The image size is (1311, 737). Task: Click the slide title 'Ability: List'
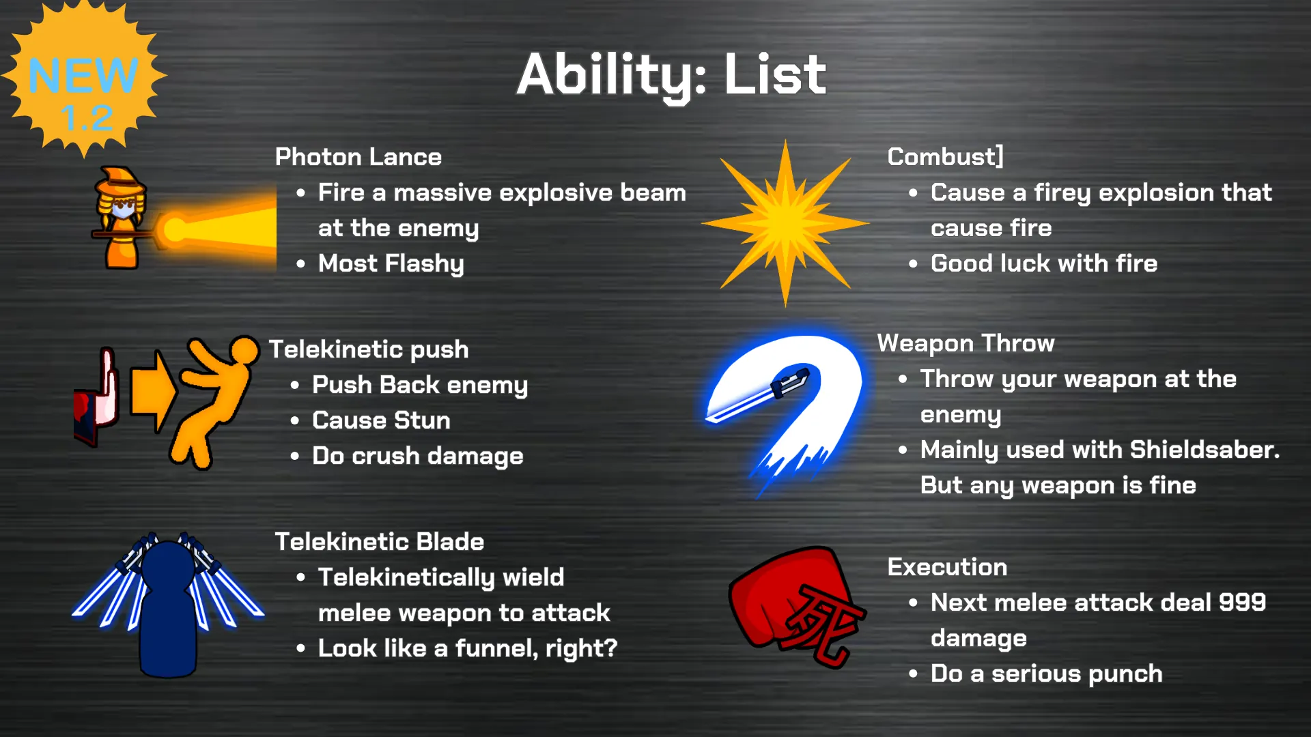coord(671,76)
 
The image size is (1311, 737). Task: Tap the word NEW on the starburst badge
coord(83,75)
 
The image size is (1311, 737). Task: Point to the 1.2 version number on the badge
coord(87,117)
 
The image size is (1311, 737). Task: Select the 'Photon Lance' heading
coord(358,157)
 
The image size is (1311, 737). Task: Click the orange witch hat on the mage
coord(122,179)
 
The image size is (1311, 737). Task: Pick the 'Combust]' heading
coord(945,157)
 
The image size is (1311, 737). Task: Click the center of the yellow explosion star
coord(785,222)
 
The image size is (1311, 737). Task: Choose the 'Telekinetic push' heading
coord(369,349)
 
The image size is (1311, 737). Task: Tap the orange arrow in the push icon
coord(153,391)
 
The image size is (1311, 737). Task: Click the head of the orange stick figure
coord(244,351)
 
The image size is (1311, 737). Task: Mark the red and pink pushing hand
coord(96,396)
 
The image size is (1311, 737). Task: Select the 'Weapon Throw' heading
coord(965,343)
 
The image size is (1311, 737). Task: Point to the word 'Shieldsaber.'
coord(1205,450)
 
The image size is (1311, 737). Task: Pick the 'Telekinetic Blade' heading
coord(380,542)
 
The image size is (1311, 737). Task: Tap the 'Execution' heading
coord(947,567)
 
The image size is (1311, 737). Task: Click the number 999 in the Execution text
coord(1243,603)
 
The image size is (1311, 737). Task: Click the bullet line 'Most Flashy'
coord(391,263)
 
